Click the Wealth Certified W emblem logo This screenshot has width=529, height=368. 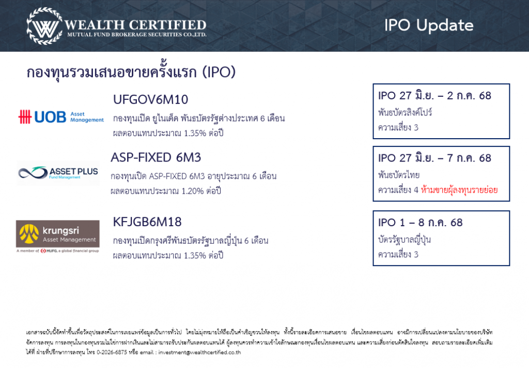click(44, 26)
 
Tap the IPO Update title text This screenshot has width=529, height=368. click(429, 26)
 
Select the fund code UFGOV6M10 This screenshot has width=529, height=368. click(150, 99)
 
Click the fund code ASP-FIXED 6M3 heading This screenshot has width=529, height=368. click(155, 157)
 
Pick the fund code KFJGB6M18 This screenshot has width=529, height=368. click(147, 222)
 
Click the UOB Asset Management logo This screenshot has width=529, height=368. click(61, 117)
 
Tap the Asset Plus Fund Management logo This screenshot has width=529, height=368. click(58, 173)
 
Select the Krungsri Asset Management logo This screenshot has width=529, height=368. click(58, 236)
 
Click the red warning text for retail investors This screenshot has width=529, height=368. click(459, 189)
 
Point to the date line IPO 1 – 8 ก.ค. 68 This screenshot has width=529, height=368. click(420, 223)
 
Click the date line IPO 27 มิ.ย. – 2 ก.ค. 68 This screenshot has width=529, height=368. click(434, 96)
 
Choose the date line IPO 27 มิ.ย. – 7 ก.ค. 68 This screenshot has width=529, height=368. click(434, 158)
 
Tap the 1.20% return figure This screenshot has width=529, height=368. click(193, 192)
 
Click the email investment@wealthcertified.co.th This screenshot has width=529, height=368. click(200, 352)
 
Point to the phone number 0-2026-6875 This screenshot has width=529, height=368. click(112, 352)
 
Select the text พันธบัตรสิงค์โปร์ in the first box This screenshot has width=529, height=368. click(405, 112)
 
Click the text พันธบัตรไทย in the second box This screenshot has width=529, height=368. click(399, 175)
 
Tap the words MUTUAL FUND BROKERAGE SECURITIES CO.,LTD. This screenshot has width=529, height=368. click(136, 35)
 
